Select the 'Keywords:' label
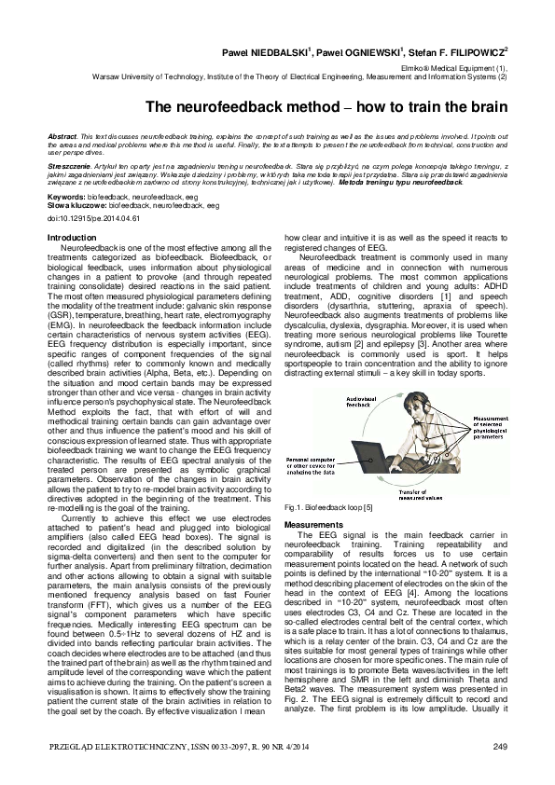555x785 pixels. (65, 199)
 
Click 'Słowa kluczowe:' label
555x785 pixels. (69, 205)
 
